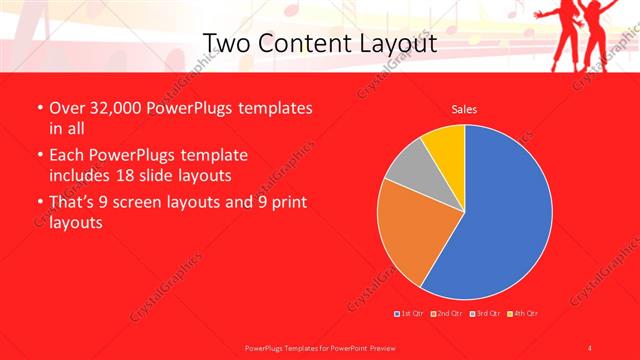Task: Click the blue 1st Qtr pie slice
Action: point(505,215)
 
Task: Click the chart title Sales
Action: point(464,109)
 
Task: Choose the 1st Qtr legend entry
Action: point(410,315)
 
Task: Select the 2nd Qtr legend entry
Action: point(448,315)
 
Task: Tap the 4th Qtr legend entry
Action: point(523,315)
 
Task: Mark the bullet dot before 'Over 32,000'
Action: point(39,109)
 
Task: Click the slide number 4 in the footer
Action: point(590,347)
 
